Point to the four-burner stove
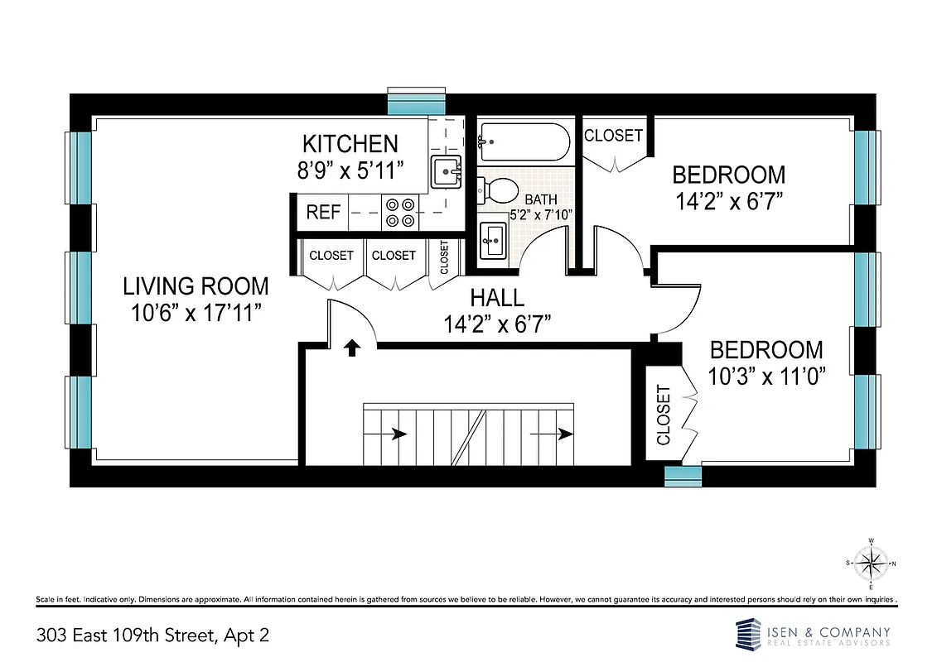tap(399, 212)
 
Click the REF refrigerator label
tap(323, 213)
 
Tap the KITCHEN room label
tap(350, 143)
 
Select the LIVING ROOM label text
tap(196, 286)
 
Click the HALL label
tap(497, 298)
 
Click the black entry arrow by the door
tap(352, 348)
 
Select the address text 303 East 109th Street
tap(152, 636)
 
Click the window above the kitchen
tap(418, 103)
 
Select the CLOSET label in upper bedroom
tap(613, 135)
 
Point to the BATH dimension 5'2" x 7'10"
tap(541, 214)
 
